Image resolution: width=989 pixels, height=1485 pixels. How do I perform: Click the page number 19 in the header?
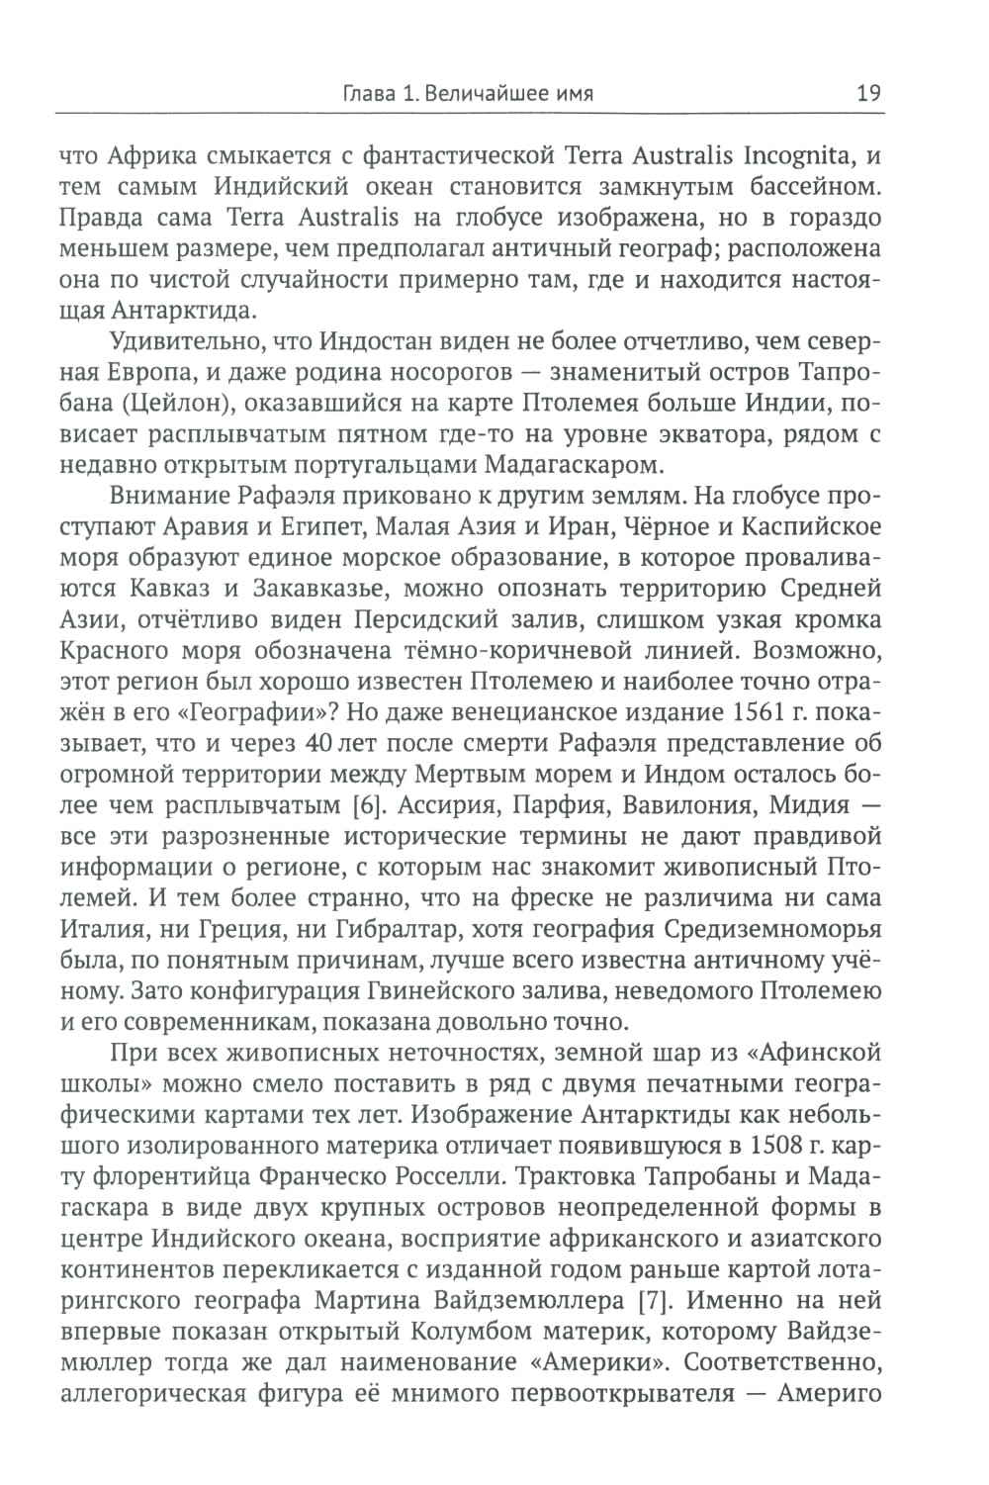pos(868,94)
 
